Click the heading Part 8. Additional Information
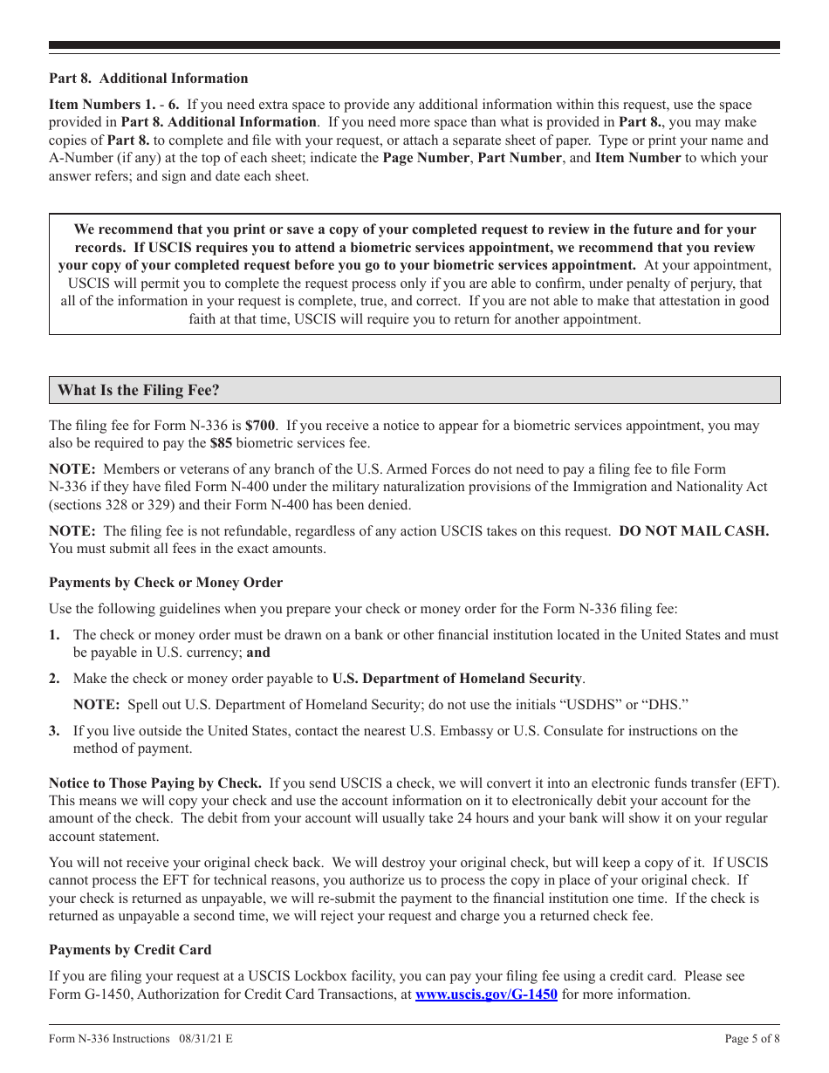[147, 79]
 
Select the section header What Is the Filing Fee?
[138, 390]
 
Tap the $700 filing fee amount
[260, 427]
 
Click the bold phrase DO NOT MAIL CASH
[694, 531]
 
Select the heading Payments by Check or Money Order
[165, 583]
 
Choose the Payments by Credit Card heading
[130, 950]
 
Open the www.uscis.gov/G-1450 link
[486, 994]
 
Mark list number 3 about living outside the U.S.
[54, 731]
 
